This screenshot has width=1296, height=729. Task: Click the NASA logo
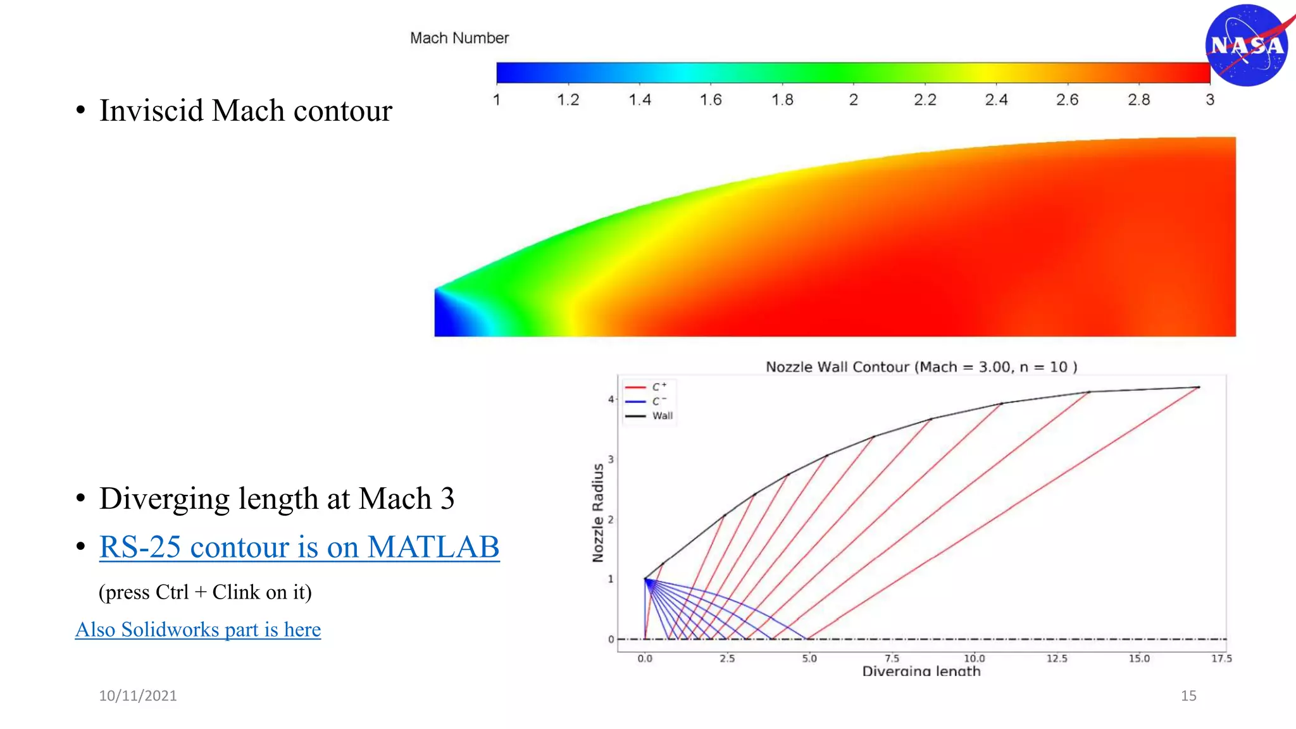pos(1247,46)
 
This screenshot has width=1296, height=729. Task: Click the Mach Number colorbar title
pos(459,38)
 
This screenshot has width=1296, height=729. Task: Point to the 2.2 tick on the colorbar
pos(925,99)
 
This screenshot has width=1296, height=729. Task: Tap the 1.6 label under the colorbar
pos(711,99)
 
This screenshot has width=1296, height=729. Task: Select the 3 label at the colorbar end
pos(1209,99)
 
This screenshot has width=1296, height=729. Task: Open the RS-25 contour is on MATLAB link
pos(299,547)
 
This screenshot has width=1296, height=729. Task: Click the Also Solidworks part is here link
pos(198,630)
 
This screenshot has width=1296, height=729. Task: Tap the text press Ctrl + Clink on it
pos(205,592)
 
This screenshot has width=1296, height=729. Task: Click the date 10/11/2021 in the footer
pos(138,695)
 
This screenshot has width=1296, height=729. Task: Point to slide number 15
pos(1188,695)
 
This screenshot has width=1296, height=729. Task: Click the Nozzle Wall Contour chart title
pos(921,367)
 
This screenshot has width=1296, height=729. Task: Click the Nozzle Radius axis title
pos(597,513)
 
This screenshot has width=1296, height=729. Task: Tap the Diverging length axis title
pos(921,671)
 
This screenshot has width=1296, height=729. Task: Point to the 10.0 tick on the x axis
pos(974,659)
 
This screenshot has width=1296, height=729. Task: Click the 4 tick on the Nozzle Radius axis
pos(611,399)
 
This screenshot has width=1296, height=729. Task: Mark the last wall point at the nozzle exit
pos(1199,387)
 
